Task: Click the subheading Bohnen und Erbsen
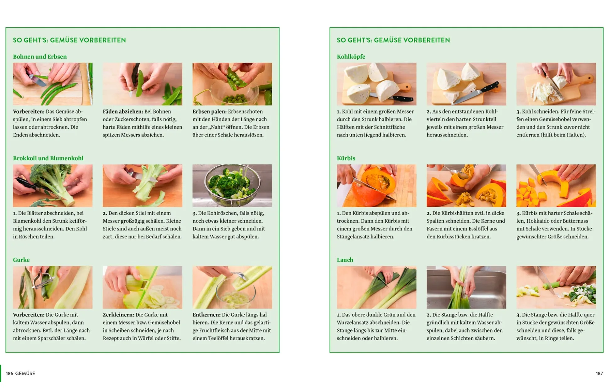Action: coord(40,57)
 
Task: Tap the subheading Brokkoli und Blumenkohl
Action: coord(48,158)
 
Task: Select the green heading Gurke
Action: coord(21,260)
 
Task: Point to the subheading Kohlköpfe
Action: coord(351,57)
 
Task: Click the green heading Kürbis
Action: coord(346,158)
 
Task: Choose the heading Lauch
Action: coord(345,260)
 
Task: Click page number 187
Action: coord(599,373)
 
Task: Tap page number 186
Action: coord(10,373)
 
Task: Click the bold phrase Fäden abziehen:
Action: coord(123,112)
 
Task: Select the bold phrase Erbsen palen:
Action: coord(209,112)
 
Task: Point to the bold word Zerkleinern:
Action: coord(118,315)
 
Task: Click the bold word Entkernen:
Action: coord(206,315)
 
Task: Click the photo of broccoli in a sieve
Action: coord(232,186)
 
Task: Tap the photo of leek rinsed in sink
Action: coord(466,287)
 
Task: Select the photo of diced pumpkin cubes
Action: coord(556,186)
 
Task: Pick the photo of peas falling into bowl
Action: coord(232,84)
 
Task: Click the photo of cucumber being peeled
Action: coord(53,287)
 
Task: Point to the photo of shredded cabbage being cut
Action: coord(556,84)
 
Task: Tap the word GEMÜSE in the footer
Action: coord(25,373)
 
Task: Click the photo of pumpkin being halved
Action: coord(376,186)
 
